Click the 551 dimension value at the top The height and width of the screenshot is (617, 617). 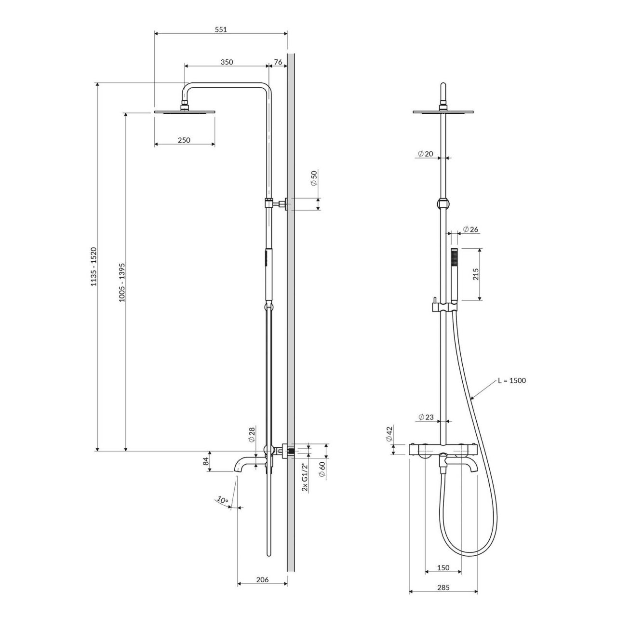click(x=221, y=29)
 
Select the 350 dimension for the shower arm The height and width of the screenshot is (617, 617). click(x=227, y=62)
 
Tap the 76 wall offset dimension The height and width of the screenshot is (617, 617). click(x=278, y=62)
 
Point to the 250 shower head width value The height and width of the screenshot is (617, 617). click(x=184, y=140)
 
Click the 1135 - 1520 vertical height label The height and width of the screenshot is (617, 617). click(x=94, y=267)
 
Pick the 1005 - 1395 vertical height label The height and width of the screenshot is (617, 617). click(x=121, y=282)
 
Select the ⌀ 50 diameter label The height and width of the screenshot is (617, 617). click(x=314, y=178)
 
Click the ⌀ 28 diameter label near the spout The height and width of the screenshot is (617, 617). click(x=252, y=434)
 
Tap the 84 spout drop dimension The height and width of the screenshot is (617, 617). click(x=206, y=461)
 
